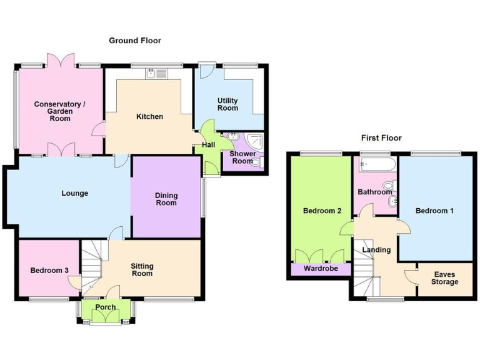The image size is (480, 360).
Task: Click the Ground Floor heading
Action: click(135, 41)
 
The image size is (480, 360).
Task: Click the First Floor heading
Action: click(381, 138)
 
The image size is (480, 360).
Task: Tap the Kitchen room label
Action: click(150, 117)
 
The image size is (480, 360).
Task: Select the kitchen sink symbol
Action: click(151, 74)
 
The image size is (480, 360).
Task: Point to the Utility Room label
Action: click(227, 104)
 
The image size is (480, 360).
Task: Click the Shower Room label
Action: click(241, 157)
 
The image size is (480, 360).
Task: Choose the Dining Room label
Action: click(166, 199)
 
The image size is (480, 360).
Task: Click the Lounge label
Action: click(74, 194)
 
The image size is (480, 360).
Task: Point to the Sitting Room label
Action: click(142, 270)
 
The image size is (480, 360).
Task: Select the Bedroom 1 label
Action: click(435, 211)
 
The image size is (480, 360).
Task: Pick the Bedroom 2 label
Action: click(322, 211)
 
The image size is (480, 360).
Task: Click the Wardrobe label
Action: click(321, 269)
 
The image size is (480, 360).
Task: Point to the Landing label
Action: click(377, 250)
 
